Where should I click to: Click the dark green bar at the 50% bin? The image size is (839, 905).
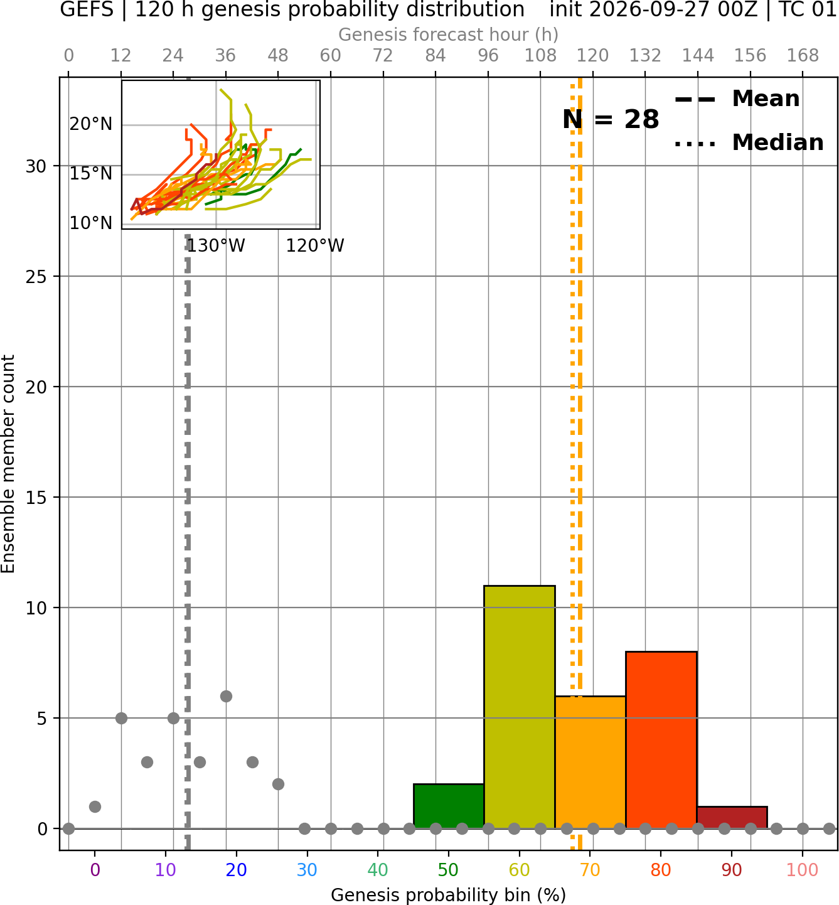449,806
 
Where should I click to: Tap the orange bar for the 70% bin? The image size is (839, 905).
590,762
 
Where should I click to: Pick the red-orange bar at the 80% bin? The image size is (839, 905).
661,739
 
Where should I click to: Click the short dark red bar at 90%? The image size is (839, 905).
732,817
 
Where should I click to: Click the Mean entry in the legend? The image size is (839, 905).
737,99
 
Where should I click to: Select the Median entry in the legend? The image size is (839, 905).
749,142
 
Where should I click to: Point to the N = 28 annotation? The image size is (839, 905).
611,119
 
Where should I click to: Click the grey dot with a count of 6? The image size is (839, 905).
226,696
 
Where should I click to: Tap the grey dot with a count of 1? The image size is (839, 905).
95,806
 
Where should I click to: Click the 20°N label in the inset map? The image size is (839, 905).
91,124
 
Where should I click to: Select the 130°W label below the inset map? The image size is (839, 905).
216,245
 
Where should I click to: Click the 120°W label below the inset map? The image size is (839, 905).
315,245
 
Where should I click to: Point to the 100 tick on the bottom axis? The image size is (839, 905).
803,870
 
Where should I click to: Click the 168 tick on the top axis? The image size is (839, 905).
803,56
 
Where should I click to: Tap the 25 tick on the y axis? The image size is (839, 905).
36,277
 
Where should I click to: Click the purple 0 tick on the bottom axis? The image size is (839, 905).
95,870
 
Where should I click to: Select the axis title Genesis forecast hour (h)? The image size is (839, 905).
449,35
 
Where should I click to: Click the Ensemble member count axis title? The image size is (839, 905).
8,464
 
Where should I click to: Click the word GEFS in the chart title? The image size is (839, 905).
87,9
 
